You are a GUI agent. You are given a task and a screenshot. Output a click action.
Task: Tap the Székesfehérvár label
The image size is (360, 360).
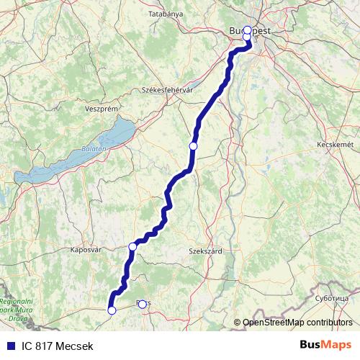point(169,90)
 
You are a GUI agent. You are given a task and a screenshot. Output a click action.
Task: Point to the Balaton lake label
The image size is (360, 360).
point(94,148)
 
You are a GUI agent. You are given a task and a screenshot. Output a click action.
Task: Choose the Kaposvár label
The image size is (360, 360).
point(87,251)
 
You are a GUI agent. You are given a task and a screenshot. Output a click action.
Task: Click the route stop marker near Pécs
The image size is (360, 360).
point(142,304)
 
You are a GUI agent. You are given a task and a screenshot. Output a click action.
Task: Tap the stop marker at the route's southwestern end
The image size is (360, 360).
point(112,310)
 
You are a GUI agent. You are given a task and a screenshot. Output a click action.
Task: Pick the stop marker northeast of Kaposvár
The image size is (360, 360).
point(132,247)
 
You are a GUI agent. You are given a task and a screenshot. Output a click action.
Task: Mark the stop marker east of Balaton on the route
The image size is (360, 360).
point(193,146)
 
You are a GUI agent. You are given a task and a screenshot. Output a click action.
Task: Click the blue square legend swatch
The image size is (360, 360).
point(10,346)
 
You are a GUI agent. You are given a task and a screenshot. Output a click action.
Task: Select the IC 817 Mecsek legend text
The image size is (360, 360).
point(57,346)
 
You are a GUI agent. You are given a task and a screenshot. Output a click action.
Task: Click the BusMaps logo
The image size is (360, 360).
point(325,346)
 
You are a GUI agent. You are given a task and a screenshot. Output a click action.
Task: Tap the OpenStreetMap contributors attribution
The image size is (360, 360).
point(297,323)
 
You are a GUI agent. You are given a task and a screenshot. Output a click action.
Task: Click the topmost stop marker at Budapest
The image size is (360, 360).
point(248,30)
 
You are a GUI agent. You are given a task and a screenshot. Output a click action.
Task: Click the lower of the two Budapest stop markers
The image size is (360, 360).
point(247,37)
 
